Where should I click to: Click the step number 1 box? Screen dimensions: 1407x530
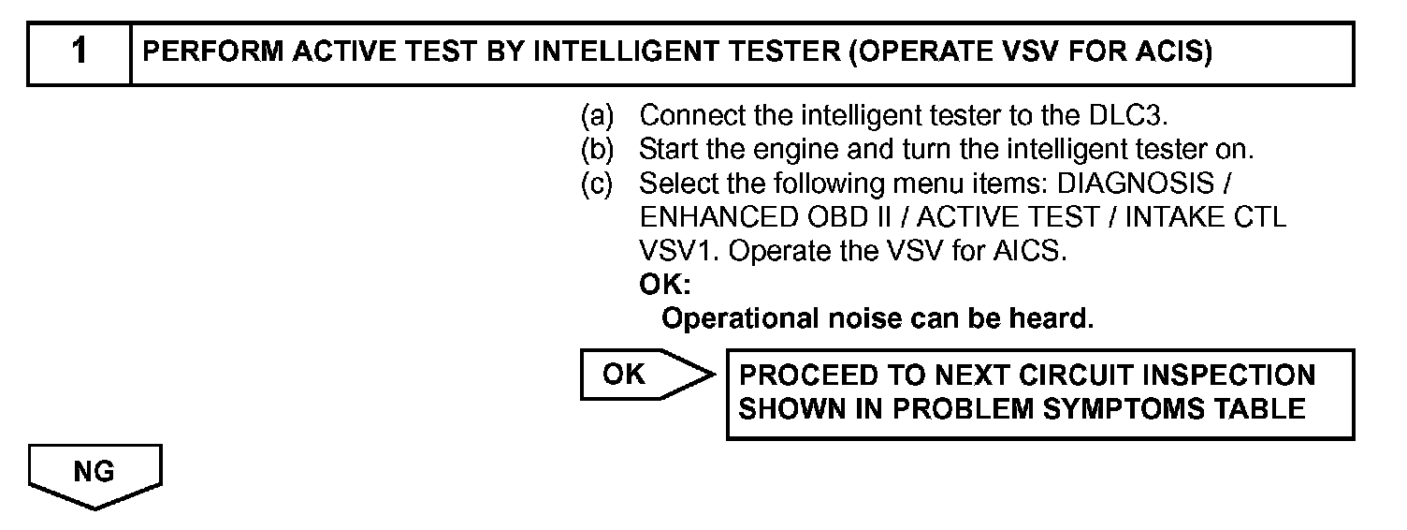[x=80, y=53]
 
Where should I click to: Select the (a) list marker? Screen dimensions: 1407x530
[x=597, y=116]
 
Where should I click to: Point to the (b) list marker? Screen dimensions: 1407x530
[x=597, y=150]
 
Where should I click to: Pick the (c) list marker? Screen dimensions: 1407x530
[x=597, y=184]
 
